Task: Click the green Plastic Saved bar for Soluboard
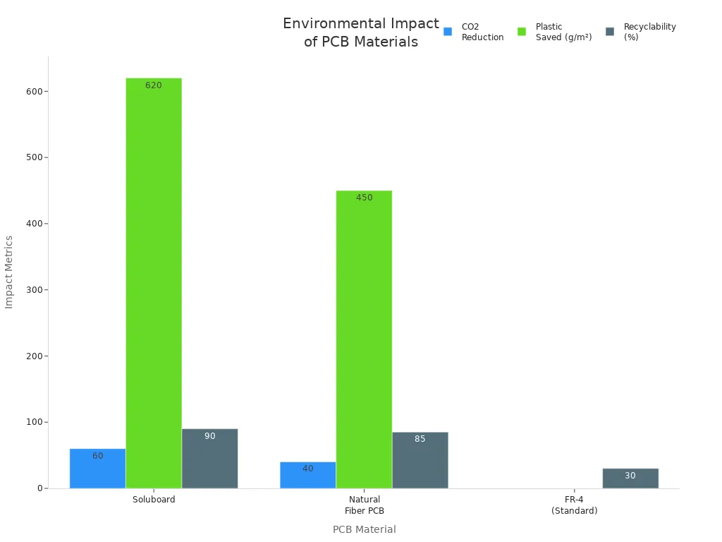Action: tap(154, 282)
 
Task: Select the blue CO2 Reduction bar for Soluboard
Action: tap(97, 469)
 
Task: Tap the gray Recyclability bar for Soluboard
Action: tap(209, 459)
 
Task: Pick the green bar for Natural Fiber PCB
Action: tap(364, 339)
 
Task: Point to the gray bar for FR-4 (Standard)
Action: tap(630, 478)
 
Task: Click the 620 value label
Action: tap(154, 85)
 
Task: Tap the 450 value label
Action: tap(364, 198)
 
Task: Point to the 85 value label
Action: tap(420, 439)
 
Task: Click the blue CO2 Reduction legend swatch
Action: tap(448, 32)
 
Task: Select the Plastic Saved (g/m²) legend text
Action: tap(563, 32)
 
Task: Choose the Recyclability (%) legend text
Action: tap(649, 32)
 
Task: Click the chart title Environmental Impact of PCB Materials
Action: tap(360, 33)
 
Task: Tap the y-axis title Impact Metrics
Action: tap(9, 272)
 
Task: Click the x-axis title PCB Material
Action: tap(364, 529)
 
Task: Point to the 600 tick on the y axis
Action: tap(34, 91)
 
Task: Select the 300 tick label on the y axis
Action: tap(34, 290)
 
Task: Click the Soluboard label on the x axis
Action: tap(154, 500)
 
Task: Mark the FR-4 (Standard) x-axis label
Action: tap(574, 505)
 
